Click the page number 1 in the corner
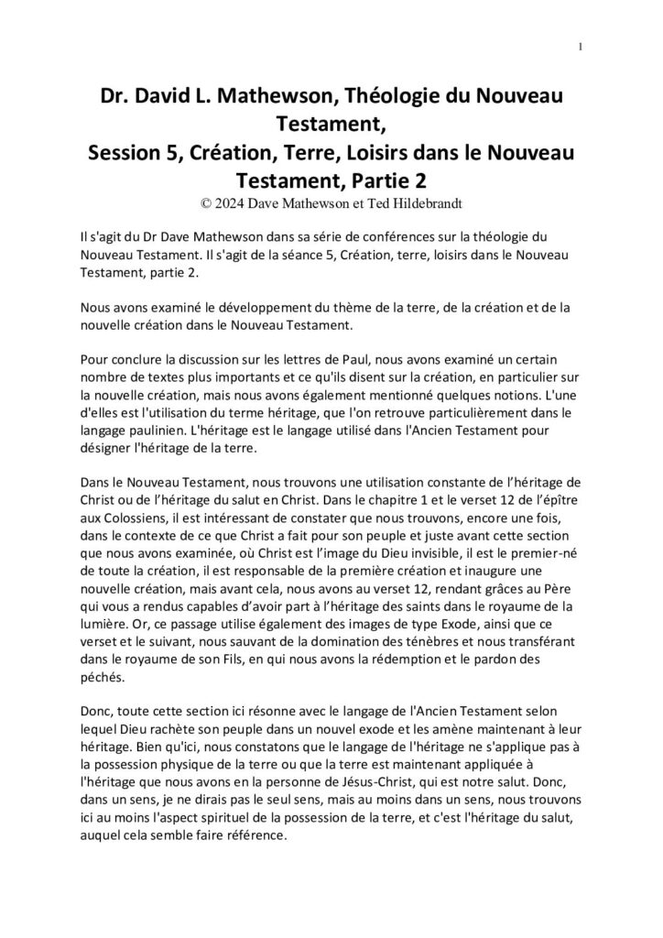[581, 47]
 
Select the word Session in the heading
[128, 153]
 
